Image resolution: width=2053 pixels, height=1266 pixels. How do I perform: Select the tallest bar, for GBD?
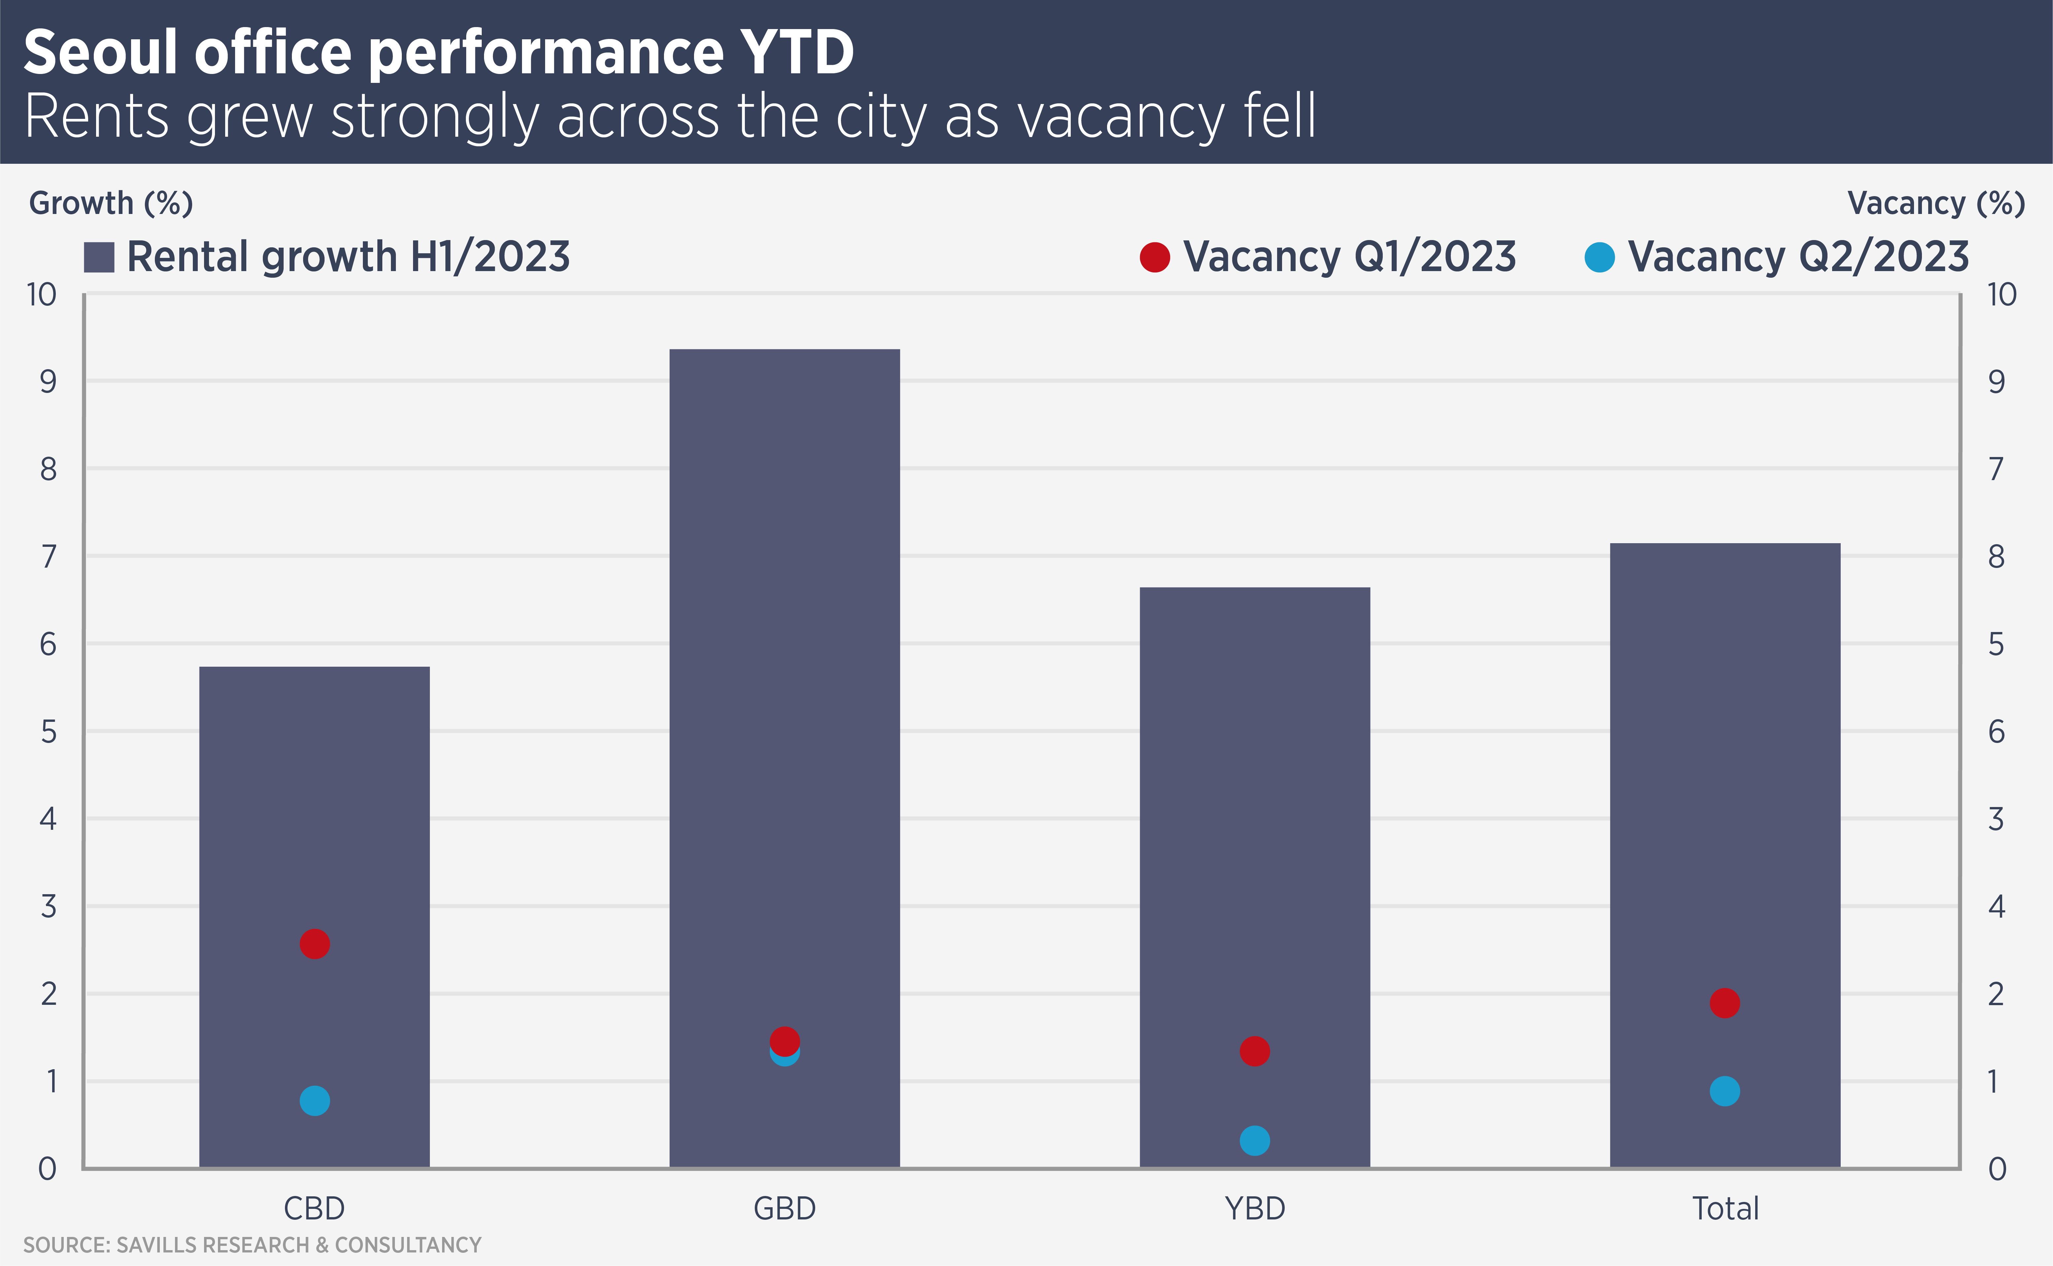(x=784, y=670)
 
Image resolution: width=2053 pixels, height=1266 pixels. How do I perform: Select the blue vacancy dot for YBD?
(x=1254, y=1140)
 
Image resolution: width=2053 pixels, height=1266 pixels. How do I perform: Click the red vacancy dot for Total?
(x=1725, y=1002)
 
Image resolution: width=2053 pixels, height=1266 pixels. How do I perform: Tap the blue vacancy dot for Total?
(x=1725, y=1091)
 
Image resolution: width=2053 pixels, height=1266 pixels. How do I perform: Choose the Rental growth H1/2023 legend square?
(x=99, y=257)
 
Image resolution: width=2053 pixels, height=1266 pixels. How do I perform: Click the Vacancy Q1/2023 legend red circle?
(x=1155, y=257)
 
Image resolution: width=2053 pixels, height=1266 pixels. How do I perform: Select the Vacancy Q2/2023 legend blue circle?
(x=1599, y=257)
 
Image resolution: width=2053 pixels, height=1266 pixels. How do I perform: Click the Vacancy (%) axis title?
(x=1936, y=203)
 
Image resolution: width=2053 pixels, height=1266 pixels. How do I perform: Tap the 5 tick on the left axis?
(x=49, y=732)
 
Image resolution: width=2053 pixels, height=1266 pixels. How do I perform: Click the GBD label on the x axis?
(x=784, y=1208)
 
